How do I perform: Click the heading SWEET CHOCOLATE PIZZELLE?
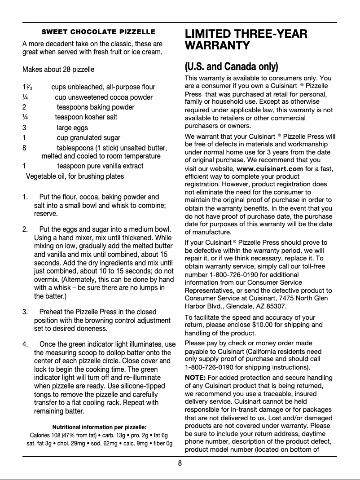pos(98,32)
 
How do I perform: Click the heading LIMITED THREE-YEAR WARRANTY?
pos(246,40)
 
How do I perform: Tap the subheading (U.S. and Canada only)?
pos(231,67)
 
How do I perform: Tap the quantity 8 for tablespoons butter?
pos(24,148)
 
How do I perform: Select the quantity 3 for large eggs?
pos(24,128)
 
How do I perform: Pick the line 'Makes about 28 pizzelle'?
pos(58,70)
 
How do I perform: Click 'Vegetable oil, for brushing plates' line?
pos(75,176)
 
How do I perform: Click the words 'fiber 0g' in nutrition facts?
pos(160,444)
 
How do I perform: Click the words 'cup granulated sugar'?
pos(88,138)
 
